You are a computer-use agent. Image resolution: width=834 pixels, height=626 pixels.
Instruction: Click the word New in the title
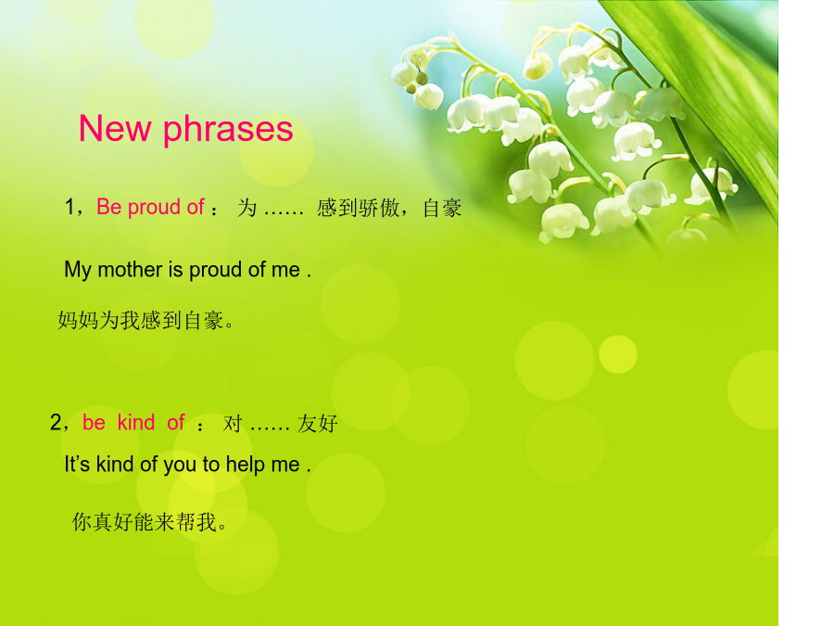pos(114,129)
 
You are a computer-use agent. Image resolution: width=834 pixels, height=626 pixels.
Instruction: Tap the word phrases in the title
pos(228,131)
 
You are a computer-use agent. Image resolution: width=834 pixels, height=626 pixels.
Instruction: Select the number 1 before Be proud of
pos(69,207)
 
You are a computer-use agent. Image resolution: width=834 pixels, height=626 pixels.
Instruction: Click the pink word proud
pos(154,208)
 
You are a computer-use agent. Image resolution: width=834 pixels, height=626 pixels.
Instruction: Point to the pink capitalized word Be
pos(109,207)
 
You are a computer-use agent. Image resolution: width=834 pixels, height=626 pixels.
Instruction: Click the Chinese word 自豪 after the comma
pos(443,208)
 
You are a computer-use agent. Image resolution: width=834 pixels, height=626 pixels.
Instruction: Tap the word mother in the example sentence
pos(131,269)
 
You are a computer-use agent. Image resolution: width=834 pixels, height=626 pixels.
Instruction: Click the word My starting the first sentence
pos(78,271)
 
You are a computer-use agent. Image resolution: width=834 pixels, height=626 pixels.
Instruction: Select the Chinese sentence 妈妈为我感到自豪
pos(145,321)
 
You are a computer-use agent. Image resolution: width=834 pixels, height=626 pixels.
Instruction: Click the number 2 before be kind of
pos(57,422)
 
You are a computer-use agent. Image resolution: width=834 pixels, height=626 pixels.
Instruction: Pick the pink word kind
pos(136,422)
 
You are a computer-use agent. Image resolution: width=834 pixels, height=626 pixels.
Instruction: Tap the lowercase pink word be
pos(94,423)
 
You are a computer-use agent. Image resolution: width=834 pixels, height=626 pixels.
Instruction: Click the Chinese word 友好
pos(318,424)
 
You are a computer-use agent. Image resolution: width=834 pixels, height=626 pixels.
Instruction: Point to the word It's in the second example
pos(77,465)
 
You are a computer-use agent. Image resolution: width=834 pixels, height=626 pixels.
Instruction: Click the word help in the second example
pos(246,465)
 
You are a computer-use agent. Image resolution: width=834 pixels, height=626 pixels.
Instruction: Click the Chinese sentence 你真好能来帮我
pos(149,522)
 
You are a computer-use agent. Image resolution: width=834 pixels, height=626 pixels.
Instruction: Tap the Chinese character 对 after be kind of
pos(233,424)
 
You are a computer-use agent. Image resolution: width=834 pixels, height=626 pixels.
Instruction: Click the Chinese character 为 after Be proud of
pos(247,208)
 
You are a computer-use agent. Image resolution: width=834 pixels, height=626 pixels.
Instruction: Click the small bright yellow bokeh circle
pos(618,354)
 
